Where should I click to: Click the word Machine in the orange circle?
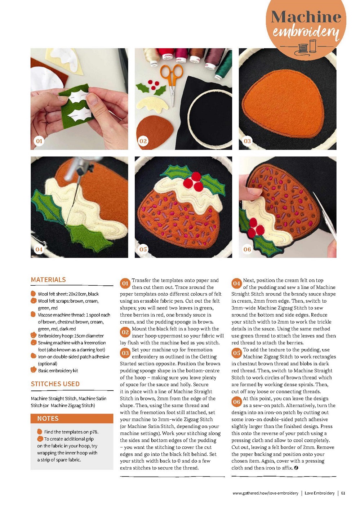pos(306,17)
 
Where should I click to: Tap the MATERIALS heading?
pos(48,280)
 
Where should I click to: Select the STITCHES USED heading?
pos(55,384)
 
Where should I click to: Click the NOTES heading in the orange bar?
pos(48,418)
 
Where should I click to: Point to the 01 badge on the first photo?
pos(39,141)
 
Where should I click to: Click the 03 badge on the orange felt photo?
pos(247,141)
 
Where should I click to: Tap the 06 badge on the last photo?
pos(247,249)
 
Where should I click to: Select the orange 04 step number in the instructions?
pos(237,283)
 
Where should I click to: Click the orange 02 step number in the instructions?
pos(125,332)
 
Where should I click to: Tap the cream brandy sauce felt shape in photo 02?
pos(152,104)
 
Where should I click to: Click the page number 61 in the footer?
pos(343,493)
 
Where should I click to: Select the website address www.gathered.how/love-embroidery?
pos(265,493)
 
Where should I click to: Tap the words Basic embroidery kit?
pos(58,371)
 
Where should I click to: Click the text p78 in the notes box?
pos(94,432)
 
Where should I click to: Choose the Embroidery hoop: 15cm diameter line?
pos(71,336)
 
